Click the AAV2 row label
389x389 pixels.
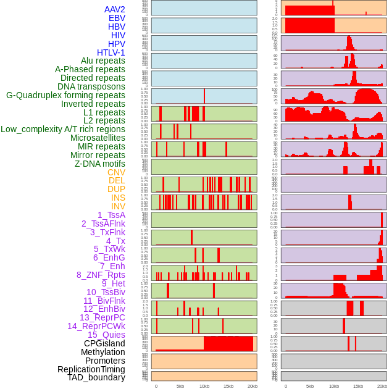pyautogui.click(x=115, y=9)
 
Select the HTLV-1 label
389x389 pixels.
pyautogui.click(x=111, y=52)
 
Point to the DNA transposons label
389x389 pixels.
pyautogui.click(x=91, y=86)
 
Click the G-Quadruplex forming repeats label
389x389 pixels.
pyautogui.click(x=65, y=95)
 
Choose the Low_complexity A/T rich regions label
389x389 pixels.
pyautogui.click(x=63, y=129)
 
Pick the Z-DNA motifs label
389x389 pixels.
pyautogui.click(x=100, y=164)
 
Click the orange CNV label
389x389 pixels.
pyautogui.click(x=116, y=172)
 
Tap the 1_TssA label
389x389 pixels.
pyautogui.click(x=111, y=215)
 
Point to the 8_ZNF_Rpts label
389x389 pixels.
pyautogui.click(x=101, y=275)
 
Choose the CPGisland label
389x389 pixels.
pyautogui.click(x=104, y=343)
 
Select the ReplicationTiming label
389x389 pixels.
pyautogui.click(x=91, y=369)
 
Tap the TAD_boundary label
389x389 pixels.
pyautogui.click(x=96, y=377)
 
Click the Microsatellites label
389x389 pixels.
pyautogui.click(x=98, y=138)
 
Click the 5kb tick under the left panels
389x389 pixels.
pyautogui.click(x=180, y=386)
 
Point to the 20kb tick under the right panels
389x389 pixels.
pyautogui.click(x=382, y=386)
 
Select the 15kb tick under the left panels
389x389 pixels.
pyautogui.click(x=228, y=386)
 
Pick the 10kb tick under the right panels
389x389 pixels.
pyautogui.click(x=334, y=386)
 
